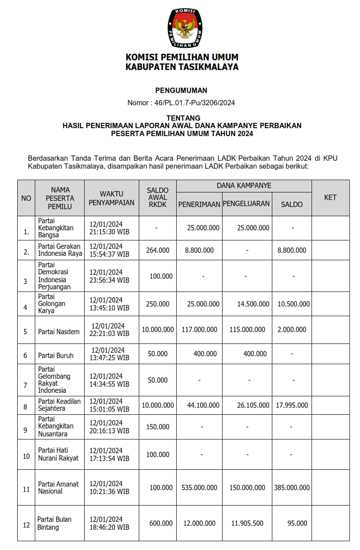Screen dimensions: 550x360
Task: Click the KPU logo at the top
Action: point(185,28)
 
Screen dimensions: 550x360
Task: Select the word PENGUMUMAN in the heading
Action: point(181,90)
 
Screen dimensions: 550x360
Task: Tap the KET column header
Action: point(330,197)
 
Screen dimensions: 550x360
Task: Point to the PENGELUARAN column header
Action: point(246,204)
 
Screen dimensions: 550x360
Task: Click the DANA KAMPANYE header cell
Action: point(244,185)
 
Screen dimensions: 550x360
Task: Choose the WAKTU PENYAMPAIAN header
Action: point(111,198)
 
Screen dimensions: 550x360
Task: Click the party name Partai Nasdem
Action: point(59,332)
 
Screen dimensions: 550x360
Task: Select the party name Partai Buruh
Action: point(56,355)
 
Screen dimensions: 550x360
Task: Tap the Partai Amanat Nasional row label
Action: point(58,487)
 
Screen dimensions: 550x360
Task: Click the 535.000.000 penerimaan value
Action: point(199,487)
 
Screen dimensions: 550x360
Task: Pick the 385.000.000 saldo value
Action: point(292,487)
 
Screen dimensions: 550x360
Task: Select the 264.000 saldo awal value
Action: point(157,250)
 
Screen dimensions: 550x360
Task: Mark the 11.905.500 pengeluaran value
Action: point(247,523)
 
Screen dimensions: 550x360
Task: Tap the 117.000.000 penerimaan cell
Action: point(199,329)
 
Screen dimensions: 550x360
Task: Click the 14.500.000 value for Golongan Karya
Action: point(253,304)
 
